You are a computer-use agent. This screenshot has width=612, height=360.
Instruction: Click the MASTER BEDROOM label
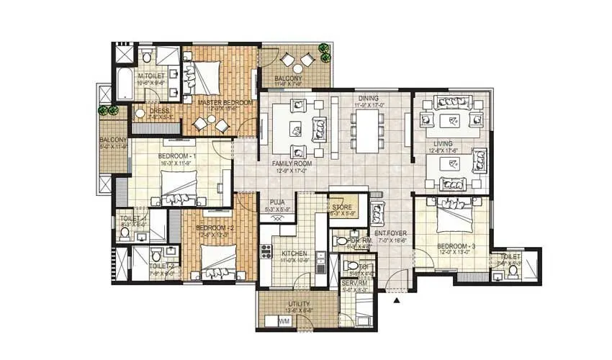tap(225, 103)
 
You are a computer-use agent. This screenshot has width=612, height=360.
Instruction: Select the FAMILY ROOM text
tap(290, 163)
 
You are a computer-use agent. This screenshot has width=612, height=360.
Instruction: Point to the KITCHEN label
tap(294, 254)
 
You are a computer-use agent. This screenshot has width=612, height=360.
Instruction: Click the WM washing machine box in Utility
tap(284, 320)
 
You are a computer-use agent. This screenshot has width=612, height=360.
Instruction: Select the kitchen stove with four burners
tap(266, 252)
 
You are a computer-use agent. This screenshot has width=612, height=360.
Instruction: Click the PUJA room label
tap(276, 202)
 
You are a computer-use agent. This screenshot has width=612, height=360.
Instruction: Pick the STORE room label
tap(342, 207)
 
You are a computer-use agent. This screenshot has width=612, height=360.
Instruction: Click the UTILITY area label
tap(298, 305)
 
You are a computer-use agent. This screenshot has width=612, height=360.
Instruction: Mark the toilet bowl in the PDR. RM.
tap(341, 241)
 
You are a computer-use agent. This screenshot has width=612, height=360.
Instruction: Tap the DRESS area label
tap(160, 111)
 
